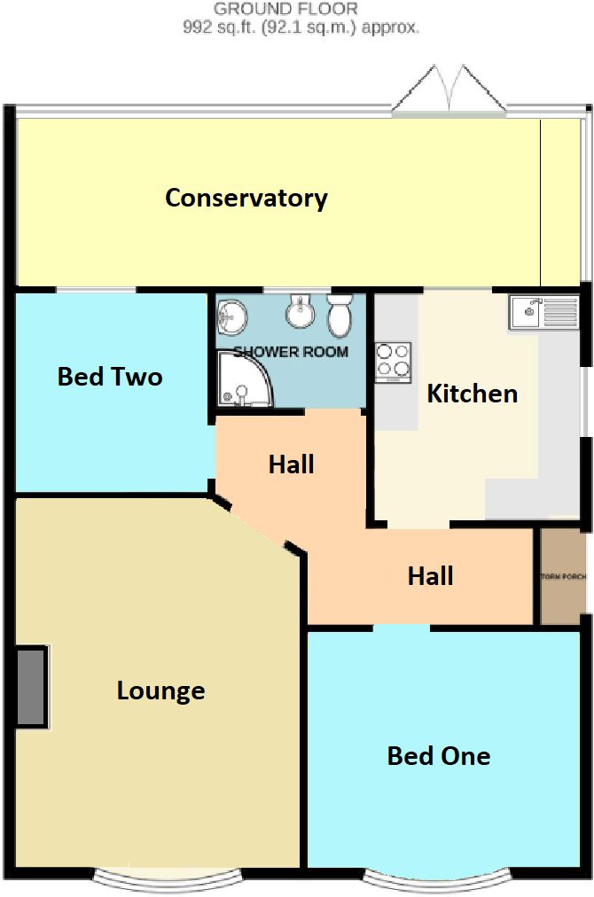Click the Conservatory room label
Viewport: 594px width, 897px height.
tap(246, 198)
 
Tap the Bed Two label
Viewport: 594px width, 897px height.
tap(110, 377)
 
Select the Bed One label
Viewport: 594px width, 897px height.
tap(439, 756)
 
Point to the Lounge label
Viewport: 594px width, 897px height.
tap(160, 690)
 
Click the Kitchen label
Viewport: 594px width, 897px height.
tap(472, 394)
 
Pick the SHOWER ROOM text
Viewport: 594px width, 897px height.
tap(291, 352)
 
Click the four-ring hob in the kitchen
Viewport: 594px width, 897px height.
tap(394, 362)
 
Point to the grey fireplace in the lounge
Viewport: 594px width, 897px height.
tap(31, 687)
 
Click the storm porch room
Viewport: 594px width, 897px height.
tap(562, 576)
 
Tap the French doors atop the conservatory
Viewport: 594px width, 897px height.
tap(449, 91)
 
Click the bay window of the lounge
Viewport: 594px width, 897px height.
tap(168, 877)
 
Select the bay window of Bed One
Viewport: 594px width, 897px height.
tap(438, 877)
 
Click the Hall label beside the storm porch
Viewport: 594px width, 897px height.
tap(431, 576)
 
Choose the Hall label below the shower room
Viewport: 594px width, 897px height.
tap(292, 464)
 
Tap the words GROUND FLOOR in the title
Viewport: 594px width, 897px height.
tap(285, 10)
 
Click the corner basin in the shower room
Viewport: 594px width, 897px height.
tap(233, 313)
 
